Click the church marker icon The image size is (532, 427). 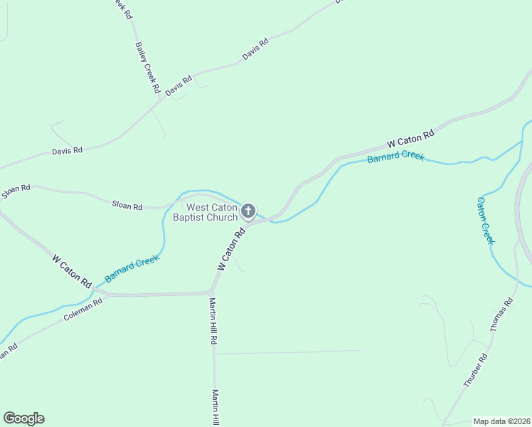(x=248, y=211)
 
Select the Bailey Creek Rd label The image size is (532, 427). (x=146, y=68)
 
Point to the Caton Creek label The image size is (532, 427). (x=485, y=220)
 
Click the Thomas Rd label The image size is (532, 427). (x=501, y=315)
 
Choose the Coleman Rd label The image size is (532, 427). (x=83, y=307)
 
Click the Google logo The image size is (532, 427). (x=23, y=418)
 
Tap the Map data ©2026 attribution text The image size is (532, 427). (x=502, y=421)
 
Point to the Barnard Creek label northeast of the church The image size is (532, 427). (x=395, y=155)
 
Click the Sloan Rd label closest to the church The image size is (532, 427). (x=127, y=206)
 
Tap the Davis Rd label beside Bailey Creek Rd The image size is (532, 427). (x=179, y=86)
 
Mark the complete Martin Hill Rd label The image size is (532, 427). (x=212, y=321)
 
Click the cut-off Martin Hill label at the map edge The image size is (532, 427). (x=215, y=408)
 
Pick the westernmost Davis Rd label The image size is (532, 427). (x=68, y=151)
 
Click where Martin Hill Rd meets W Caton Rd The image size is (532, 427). (x=212, y=291)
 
